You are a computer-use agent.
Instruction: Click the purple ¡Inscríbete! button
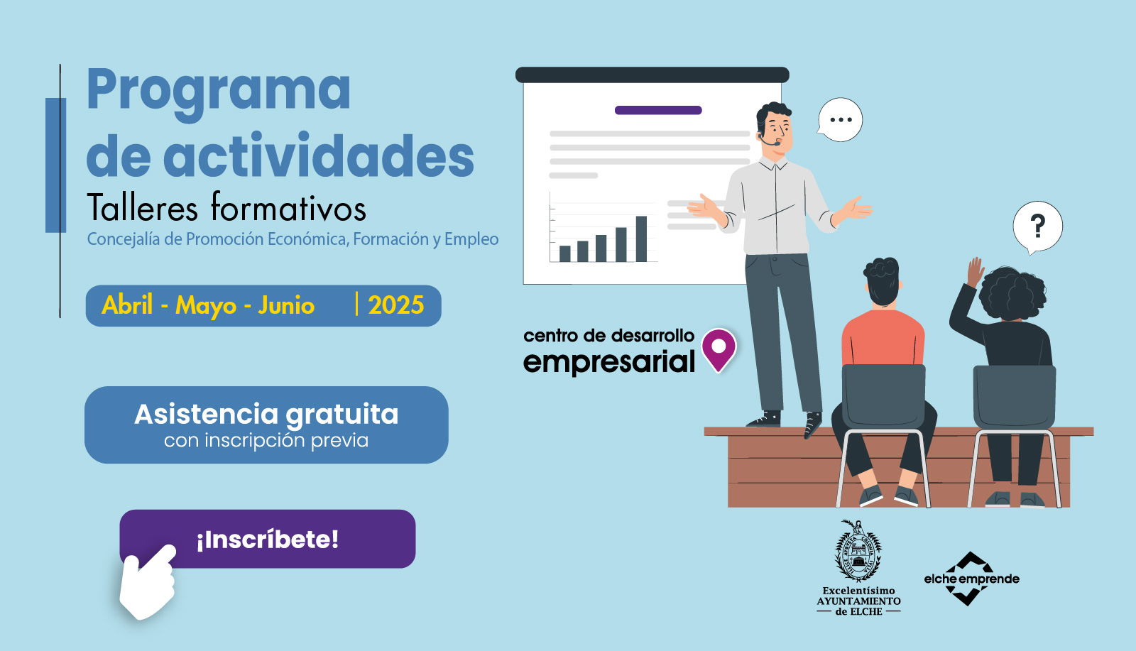[x=268, y=539]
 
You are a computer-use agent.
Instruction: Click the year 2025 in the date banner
[x=395, y=305]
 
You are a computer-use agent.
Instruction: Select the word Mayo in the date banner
[x=206, y=306]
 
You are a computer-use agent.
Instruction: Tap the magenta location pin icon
[x=719, y=349]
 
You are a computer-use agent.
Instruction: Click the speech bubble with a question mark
[x=1037, y=227]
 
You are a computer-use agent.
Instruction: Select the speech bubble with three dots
[x=840, y=120]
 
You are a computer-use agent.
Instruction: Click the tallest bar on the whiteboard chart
[x=641, y=239]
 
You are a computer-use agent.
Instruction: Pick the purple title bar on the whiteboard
[x=658, y=110]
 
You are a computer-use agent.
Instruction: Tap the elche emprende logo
[x=971, y=579]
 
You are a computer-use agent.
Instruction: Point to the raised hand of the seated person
[x=975, y=272]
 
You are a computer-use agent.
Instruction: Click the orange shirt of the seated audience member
[x=883, y=339]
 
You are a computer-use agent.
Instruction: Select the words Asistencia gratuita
[x=266, y=415]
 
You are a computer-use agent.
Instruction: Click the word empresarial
[x=608, y=362]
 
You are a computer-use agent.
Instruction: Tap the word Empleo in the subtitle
[x=471, y=239]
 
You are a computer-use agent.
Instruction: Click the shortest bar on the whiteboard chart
[x=564, y=253]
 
